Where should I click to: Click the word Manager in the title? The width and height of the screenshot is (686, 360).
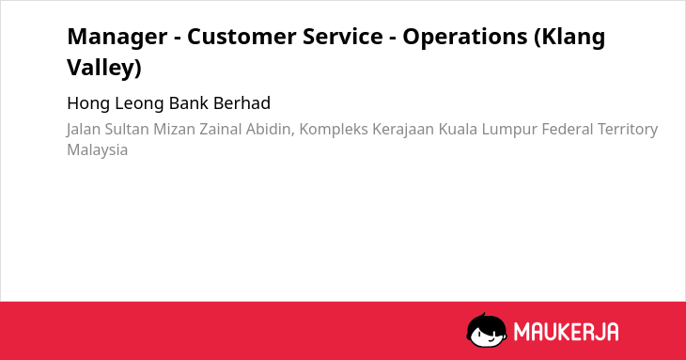coord(117,38)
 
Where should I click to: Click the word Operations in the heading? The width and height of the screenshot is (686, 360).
coord(465,38)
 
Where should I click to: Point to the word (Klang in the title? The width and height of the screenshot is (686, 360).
coord(569,38)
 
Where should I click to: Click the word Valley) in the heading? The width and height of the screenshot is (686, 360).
coord(104,69)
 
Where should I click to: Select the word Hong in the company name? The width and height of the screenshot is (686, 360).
coord(89,103)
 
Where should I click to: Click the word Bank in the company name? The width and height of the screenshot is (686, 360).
coord(189,103)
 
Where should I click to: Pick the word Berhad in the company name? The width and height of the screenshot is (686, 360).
coord(242,103)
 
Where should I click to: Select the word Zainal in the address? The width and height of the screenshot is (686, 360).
coord(221,129)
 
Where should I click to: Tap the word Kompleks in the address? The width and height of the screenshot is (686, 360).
coord(334,130)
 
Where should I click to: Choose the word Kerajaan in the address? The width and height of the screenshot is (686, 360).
coord(403,130)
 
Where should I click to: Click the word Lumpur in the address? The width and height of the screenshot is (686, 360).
coord(509,130)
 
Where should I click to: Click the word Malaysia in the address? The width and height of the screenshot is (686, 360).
coord(97,150)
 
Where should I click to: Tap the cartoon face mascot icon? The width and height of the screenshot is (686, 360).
coord(487,330)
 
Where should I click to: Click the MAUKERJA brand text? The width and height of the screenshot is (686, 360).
coord(566,332)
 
